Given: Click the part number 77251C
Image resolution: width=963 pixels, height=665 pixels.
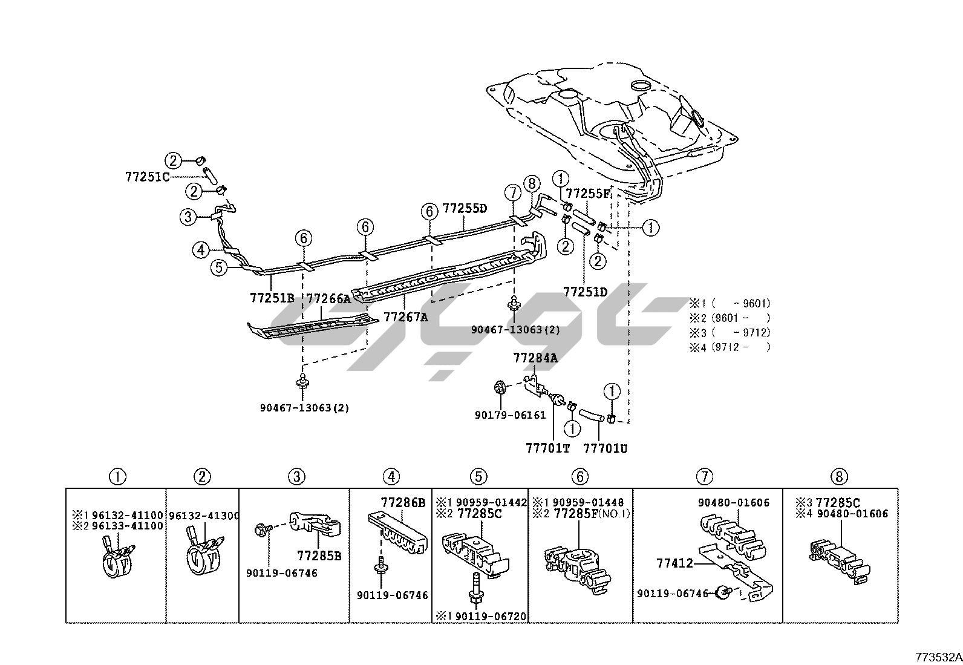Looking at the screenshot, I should [x=148, y=177].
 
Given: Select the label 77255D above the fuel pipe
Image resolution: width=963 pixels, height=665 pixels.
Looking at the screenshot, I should [x=465, y=209].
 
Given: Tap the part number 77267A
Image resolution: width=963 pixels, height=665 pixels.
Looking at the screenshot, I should [x=406, y=316].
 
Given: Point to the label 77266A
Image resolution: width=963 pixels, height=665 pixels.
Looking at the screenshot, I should [x=328, y=298].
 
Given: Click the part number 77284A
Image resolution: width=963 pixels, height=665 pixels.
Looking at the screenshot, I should [x=535, y=358].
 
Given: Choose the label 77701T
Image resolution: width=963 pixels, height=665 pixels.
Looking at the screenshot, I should [x=547, y=448].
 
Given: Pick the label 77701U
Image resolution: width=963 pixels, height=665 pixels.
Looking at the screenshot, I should [x=605, y=448].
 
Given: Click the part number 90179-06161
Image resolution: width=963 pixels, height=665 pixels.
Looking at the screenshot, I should [x=510, y=415].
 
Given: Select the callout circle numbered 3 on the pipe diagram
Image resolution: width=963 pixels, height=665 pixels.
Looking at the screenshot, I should [x=188, y=217].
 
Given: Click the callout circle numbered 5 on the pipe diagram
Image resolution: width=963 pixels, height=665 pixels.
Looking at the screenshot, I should [x=219, y=266].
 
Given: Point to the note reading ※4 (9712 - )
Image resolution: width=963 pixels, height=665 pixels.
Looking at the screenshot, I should [x=730, y=347].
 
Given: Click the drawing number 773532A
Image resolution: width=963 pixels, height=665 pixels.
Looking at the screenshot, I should [x=938, y=657].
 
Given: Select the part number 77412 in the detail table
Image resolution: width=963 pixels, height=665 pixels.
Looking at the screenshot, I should [x=674, y=563].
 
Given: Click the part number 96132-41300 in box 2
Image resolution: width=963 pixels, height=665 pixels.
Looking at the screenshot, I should [x=204, y=516].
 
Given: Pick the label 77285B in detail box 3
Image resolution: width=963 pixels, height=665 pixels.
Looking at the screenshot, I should [x=319, y=555].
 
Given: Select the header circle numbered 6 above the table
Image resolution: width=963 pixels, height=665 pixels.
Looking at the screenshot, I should [x=579, y=477].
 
